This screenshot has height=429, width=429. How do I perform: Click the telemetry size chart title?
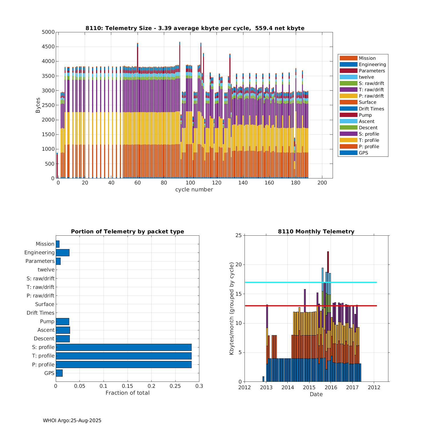tap(195, 28)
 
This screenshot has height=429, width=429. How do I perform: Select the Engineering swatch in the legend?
tap(348, 65)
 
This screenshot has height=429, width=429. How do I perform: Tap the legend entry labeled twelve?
tap(366, 77)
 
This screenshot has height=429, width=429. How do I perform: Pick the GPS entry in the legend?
tap(363, 153)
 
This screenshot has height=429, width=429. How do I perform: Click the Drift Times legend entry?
tap(371, 109)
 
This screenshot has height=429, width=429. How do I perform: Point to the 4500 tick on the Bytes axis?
tap(48, 47)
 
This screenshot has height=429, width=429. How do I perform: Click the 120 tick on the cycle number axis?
tap(217, 183)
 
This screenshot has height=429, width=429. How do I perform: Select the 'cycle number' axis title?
tap(194, 190)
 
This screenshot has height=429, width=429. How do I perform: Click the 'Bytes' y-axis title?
tap(38, 105)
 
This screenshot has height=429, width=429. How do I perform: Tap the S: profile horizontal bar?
tap(124, 347)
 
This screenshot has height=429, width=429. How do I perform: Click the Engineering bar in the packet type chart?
tap(62, 253)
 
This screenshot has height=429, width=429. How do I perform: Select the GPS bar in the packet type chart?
tap(59, 373)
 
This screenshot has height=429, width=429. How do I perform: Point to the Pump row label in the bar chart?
tap(47, 321)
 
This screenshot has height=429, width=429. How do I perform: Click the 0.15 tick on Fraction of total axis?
tap(128, 386)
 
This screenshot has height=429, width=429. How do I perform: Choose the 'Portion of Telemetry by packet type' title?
tap(127, 232)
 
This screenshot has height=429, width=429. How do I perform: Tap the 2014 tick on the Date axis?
tap(287, 387)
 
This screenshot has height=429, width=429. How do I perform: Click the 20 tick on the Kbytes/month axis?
tap(239, 265)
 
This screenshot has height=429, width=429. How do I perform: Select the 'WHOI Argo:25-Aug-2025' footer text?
tap(72, 420)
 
